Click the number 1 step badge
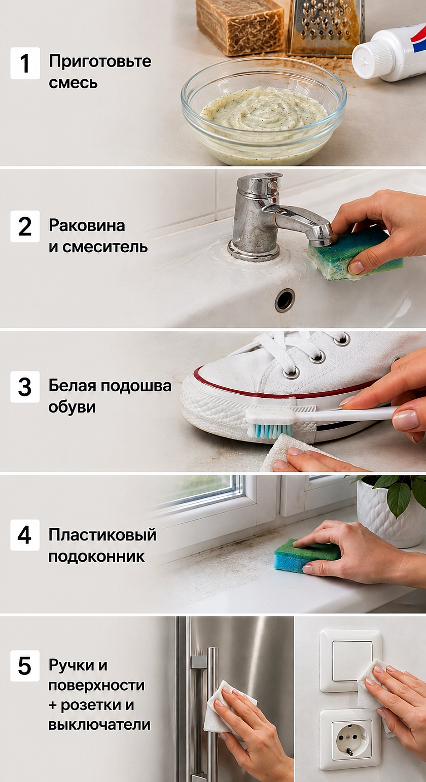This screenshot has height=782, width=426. (25, 63)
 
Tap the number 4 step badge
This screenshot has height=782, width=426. (25, 535)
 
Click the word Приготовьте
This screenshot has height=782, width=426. (100, 61)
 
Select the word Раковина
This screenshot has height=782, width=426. (87, 225)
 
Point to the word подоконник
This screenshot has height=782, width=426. (96, 556)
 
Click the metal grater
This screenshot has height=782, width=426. (326, 28)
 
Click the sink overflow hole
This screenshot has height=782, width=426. (285, 300)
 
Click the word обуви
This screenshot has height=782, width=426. (72, 407)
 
